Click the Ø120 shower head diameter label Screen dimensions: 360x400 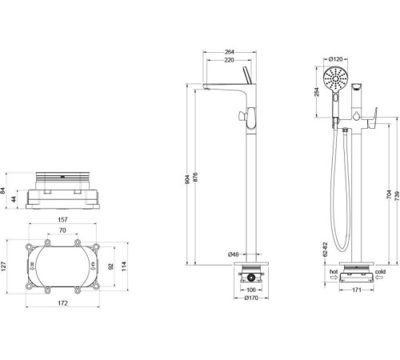(x=337, y=58)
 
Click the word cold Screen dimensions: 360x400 (x=381, y=272)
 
